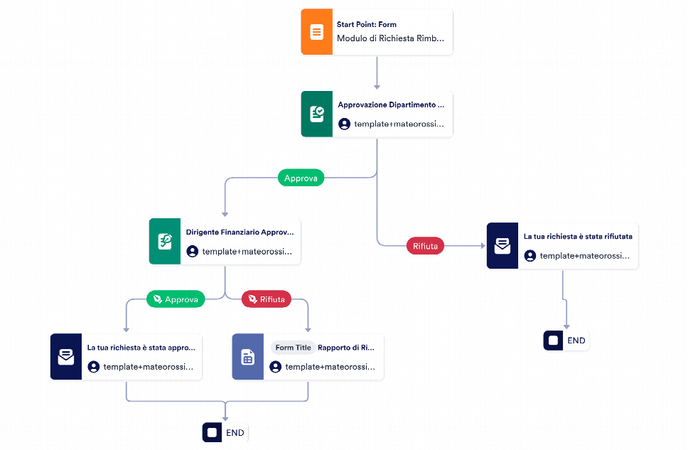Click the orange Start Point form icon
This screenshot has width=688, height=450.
point(316,32)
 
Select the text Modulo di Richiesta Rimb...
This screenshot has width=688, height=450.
point(390,38)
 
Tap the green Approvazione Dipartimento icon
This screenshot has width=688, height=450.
point(316,114)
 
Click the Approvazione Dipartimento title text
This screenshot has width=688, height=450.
point(390,105)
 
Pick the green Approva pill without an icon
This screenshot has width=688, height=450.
point(301,178)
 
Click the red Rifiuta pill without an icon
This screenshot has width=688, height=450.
point(425,246)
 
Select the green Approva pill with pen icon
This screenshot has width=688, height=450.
point(176,299)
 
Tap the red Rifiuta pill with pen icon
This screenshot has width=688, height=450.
point(267,299)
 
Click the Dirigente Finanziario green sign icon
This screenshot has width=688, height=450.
point(165,242)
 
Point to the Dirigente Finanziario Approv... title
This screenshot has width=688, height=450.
point(240,232)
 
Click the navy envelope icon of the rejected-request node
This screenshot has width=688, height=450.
point(502,246)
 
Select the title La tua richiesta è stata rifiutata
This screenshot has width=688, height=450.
point(578,237)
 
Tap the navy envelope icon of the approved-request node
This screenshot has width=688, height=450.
point(66,356)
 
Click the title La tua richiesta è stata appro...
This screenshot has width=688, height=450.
point(141,348)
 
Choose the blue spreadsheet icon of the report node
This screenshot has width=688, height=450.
point(248,356)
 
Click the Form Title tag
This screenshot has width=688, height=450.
point(293,348)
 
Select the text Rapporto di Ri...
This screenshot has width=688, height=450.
point(345,348)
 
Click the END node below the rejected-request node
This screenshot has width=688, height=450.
point(566,341)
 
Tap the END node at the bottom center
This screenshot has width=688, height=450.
point(225,433)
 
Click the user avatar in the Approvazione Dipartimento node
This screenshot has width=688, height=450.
point(345,124)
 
